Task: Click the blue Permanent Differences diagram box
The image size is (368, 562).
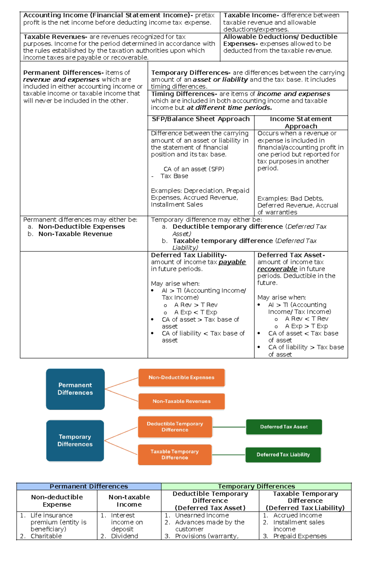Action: coord(75,389)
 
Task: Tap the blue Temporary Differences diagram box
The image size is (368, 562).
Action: coord(75,440)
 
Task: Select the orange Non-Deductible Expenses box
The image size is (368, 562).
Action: coord(182,378)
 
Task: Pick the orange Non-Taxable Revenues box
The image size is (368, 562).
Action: coord(182,401)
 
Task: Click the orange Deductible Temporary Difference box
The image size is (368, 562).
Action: coord(175,427)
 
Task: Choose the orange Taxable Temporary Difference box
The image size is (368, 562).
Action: coord(175,455)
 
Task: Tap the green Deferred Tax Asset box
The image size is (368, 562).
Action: coord(284,427)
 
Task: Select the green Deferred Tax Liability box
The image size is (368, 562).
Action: coord(283,455)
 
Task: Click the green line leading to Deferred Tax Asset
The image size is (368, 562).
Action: coord(229,427)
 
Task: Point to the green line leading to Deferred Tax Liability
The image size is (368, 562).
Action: coord(229,455)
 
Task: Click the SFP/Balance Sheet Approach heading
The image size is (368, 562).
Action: coord(201,119)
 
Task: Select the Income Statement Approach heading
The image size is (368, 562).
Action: coord(301,123)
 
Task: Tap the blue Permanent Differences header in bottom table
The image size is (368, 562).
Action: coord(89,486)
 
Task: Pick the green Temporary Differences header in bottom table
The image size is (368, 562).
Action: coord(256,486)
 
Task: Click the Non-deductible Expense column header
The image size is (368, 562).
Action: coord(57,501)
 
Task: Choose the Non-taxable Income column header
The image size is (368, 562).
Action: coord(129,501)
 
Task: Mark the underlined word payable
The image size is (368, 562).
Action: coord(232,262)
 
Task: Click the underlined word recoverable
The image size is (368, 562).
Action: coord(277,269)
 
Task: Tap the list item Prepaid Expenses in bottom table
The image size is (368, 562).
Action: coord(300,536)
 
